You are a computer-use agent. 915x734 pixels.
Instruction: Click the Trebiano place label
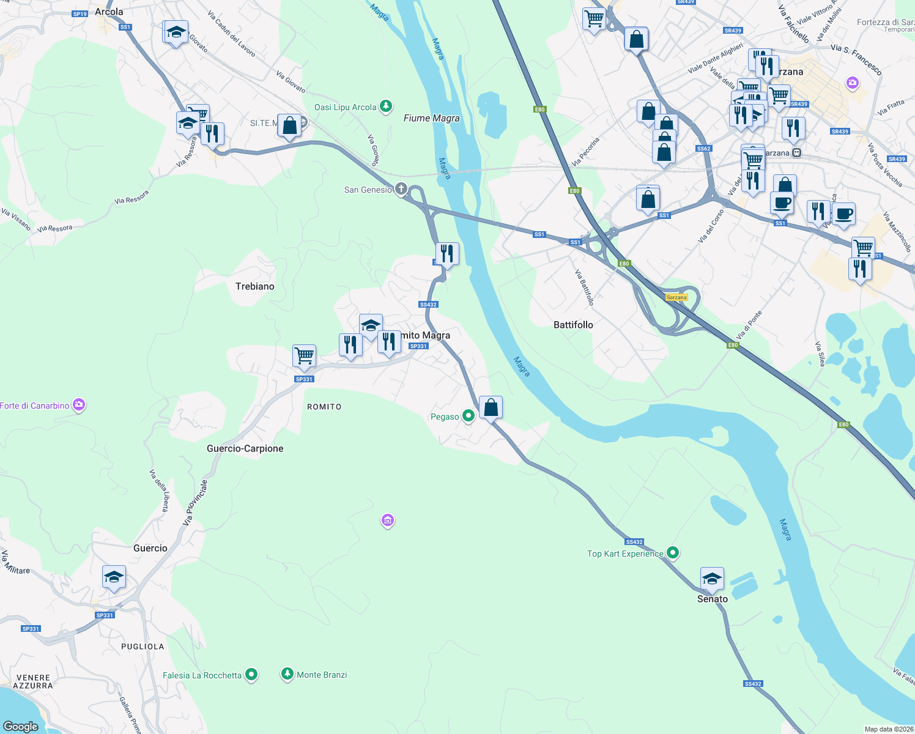255,286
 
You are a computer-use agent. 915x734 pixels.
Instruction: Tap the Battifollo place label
573,325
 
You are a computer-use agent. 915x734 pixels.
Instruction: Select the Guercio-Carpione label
245,448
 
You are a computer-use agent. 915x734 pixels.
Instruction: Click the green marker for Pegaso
469,417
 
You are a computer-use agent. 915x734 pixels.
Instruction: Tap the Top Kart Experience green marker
673,554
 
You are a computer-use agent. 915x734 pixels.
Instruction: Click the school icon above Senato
712,578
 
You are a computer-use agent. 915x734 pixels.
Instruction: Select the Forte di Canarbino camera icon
79,405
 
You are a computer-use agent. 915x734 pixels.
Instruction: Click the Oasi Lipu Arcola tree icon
386,107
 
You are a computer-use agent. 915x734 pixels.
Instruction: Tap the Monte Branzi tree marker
287,675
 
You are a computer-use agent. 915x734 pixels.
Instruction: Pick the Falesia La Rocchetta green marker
251,675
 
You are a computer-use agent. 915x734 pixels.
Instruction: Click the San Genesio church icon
401,189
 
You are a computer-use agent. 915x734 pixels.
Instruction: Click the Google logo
21,726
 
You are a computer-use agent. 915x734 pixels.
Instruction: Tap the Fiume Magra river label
431,118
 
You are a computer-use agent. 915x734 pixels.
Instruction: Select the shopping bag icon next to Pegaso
491,407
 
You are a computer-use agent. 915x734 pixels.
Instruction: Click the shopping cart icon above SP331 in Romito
304,355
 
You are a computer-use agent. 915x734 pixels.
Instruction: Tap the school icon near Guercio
114,577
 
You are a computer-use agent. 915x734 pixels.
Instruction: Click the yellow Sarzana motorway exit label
676,297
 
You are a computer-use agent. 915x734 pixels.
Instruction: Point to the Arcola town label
109,12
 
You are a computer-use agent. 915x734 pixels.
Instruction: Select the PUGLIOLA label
143,647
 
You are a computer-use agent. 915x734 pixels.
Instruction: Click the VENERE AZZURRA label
33,681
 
